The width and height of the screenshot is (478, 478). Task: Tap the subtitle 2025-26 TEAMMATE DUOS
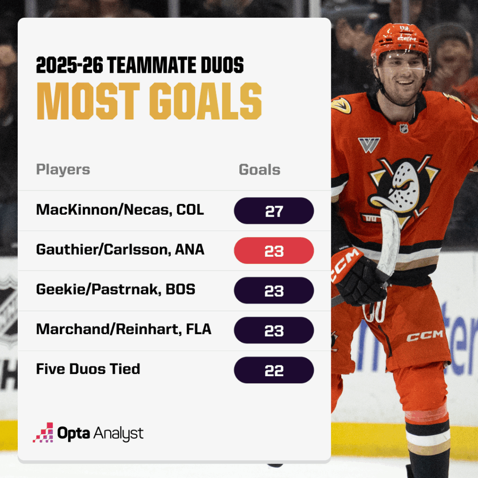pyautogui.click(x=140, y=66)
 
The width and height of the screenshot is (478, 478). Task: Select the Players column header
pyautogui.click(x=63, y=169)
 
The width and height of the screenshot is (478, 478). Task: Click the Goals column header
pyautogui.click(x=260, y=169)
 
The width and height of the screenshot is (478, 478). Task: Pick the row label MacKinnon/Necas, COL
pyautogui.click(x=120, y=210)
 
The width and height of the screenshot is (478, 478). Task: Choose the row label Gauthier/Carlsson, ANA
pyautogui.click(x=120, y=249)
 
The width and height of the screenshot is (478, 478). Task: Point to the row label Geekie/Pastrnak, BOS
pyautogui.click(x=115, y=289)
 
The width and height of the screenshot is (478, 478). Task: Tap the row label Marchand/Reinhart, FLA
pyautogui.click(x=124, y=329)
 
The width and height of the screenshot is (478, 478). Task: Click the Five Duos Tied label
pyautogui.click(x=88, y=369)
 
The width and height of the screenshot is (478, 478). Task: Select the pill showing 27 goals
pyautogui.click(x=274, y=211)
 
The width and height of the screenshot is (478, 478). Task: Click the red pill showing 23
pyautogui.click(x=274, y=251)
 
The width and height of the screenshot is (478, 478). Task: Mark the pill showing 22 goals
pyautogui.click(x=274, y=370)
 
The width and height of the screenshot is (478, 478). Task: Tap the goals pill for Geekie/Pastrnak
pyautogui.click(x=274, y=290)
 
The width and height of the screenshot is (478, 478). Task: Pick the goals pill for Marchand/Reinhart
pyautogui.click(x=274, y=330)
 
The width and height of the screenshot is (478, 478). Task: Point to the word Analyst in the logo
pyautogui.click(x=119, y=434)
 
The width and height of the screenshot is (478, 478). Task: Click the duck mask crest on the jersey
pyautogui.click(x=402, y=185)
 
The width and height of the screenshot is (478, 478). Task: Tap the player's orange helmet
pyautogui.click(x=400, y=39)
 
